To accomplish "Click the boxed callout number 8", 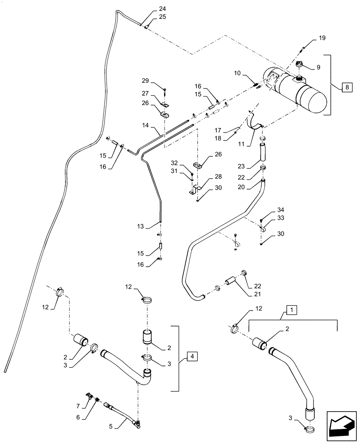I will (x=346, y=87).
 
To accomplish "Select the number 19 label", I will (x=321, y=39).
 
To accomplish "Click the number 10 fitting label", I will (x=237, y=72).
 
